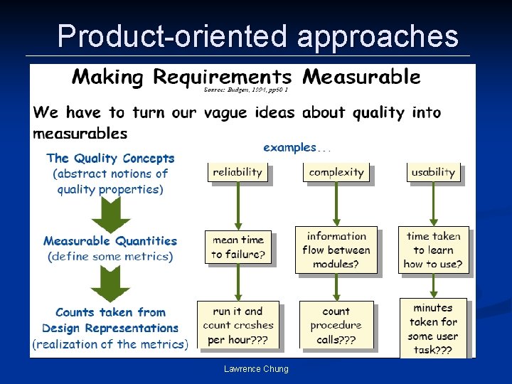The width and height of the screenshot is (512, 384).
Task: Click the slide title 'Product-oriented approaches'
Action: click(257, 35)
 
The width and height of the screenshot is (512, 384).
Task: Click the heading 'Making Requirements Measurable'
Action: click(246, 76)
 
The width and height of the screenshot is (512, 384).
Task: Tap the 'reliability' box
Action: click(238, 172)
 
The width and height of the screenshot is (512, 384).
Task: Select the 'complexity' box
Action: click(336, 172)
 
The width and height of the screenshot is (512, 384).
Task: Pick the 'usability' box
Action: click(432, 172)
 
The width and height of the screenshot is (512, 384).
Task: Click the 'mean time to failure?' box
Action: click(238, 247)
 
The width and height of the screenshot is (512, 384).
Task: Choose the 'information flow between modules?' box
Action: click(336, 250)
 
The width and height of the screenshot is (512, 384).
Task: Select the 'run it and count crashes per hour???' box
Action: click(238, 325)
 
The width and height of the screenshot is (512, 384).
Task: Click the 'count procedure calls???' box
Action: click(336, 325)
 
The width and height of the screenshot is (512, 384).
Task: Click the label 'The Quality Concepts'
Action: click(110, 159)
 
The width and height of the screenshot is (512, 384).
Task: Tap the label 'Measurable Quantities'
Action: click(110, 241)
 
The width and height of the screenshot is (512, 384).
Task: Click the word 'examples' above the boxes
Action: click(289, 148)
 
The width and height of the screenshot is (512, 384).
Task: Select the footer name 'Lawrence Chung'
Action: click(256, 368)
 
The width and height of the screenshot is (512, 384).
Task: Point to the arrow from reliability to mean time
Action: click(238, 206)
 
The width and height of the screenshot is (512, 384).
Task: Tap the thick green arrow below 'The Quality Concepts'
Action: click(110, 213)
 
